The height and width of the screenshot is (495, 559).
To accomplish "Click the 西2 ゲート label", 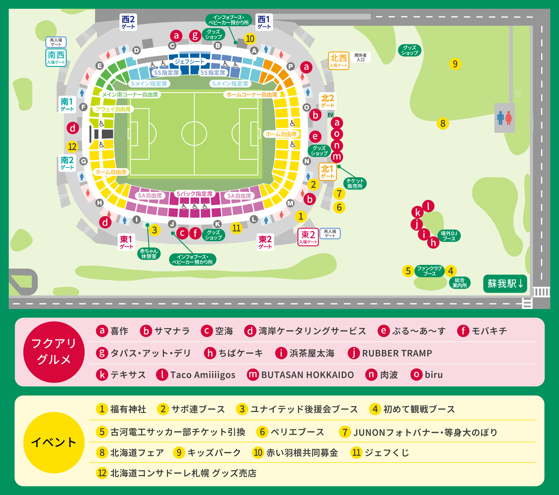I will (x=128, y=22).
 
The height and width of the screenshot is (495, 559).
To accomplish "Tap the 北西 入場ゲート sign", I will (x=338, y=61).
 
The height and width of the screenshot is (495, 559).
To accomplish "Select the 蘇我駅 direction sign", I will (x=505, y=284).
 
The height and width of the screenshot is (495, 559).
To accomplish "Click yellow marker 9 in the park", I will (x=455, y=64).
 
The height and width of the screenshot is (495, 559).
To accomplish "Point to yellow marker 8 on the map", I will (x=443, y=124).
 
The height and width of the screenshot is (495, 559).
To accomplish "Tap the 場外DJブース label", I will (x=449, y=236).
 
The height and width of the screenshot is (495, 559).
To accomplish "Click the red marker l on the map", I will (x=428, y=206).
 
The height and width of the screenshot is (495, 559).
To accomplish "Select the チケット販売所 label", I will (x=355, y=183).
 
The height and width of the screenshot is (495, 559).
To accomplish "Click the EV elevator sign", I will (x=330, y=115).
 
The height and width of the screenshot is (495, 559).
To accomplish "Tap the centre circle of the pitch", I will (x=194, y=133).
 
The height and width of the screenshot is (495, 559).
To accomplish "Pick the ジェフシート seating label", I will (x=189, y=62).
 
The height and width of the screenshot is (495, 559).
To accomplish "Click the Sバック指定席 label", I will (x=195, y=194).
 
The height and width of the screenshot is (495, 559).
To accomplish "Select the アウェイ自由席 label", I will (x=113, y=109).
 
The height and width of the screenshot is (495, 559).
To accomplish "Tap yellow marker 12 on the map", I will (x=72, y=147).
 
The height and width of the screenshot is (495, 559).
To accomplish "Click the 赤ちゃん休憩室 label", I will (x=149, y=253).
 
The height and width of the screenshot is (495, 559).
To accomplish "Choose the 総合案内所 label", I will (x=460, y=283).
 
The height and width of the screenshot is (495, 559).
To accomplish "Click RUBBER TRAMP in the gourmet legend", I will (x=397, y=353).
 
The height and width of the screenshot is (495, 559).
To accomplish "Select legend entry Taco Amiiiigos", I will (x=202, y=375).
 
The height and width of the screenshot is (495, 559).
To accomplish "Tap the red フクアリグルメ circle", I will (x=54, y=352).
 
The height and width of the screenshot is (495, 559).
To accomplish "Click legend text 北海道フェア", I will (x=137, y=453).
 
